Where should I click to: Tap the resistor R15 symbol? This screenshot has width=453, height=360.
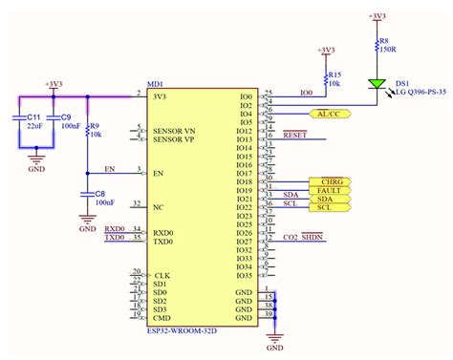point(326,79)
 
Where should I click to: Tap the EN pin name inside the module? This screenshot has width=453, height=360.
point(160,146)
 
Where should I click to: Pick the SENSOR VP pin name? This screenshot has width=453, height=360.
point(175,138)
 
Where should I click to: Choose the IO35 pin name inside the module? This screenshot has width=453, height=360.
point(245,275)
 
